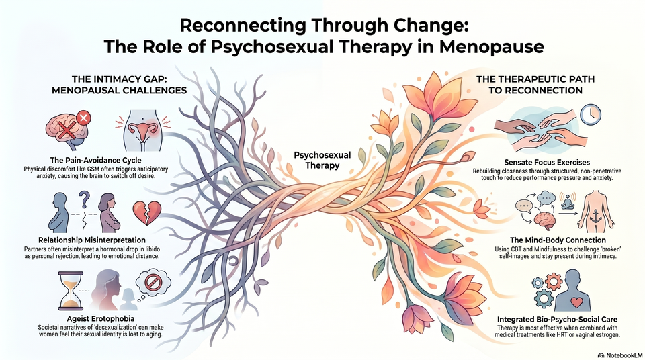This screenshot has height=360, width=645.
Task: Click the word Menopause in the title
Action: tap(492, 46)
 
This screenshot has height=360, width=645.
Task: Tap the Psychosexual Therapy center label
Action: tap(322, 160)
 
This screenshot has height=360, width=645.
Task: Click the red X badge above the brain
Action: tap(83, 118)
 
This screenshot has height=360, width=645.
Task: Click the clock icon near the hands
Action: tap(591, 114)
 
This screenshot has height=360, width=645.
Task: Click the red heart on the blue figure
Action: tap(576, 302)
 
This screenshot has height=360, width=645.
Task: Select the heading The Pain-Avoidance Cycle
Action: tap(95, 160)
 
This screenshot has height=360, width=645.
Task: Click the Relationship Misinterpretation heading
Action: tap(92, 240)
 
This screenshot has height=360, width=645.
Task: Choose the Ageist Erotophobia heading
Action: tap(100, 318)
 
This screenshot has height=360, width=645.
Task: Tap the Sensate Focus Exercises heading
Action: tap(547, 162)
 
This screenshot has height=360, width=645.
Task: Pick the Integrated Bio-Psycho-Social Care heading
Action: tap(557, 319)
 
